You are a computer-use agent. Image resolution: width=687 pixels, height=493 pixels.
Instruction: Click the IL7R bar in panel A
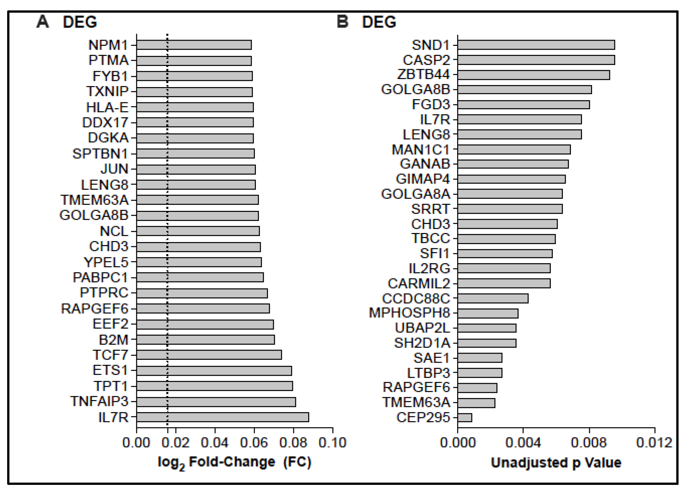(222, 417)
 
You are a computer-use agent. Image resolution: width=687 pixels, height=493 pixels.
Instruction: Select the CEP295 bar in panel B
(465, 418)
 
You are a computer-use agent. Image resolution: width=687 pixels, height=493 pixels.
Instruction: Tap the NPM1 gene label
(108, 45)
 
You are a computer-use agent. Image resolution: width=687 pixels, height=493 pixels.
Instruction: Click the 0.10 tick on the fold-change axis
(332, 443)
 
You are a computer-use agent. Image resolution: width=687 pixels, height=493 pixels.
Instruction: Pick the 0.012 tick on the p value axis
(654, 443)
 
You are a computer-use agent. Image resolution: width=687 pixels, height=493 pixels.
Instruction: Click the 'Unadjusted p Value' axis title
(556, 462)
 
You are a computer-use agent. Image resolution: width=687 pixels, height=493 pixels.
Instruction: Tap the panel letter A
(43, 22)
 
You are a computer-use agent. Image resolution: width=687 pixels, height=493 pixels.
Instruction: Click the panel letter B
(342, 22)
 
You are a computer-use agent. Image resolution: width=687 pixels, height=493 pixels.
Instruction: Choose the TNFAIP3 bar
(216, 402)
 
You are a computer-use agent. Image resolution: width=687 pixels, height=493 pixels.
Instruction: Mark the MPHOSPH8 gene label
(409, 313)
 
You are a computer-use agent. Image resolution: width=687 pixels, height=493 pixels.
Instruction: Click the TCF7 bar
(209, 355)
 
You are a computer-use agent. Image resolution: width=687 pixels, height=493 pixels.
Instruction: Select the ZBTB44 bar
(533, 75)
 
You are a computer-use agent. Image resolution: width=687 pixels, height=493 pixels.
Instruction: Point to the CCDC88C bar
(493, 298)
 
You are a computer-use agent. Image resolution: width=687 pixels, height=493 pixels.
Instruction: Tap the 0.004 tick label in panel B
(523, 443)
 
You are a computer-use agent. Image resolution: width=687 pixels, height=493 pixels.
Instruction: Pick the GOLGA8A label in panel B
(416, 194)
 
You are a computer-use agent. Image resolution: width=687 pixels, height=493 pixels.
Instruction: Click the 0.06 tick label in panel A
(254, 443)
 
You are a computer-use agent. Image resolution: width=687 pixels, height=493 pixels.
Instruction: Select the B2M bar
(205, 340)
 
